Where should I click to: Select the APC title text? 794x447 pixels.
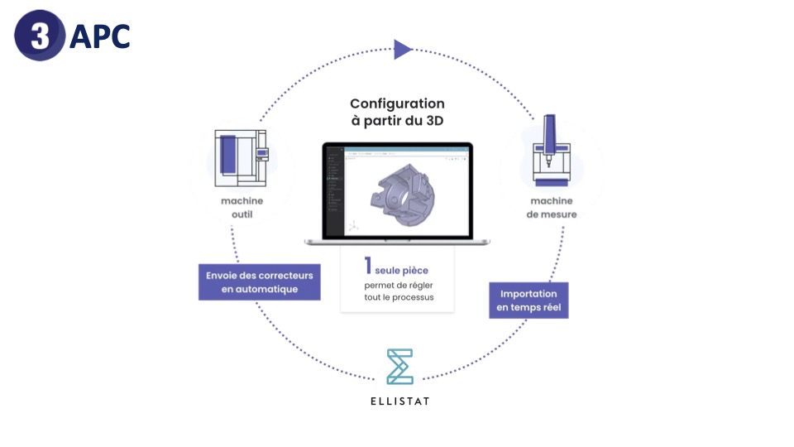click(x=100, y=36)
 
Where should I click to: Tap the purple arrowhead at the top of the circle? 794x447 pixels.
click(x=402, y=50)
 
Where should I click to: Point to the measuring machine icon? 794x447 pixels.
click(x=551, y=152)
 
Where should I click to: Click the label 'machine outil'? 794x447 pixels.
click(x=242, y=208)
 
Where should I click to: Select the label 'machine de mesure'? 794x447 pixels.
click(x=553, y=208)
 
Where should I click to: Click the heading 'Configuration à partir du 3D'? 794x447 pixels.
click(x=397, y=112)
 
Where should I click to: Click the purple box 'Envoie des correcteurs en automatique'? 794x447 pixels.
click(x=259, y=282)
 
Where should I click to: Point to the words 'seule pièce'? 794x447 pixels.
click(x=402, y=270)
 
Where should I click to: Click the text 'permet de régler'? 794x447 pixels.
click(x=398, y=285)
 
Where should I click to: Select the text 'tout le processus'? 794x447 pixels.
click(x=398, y=297)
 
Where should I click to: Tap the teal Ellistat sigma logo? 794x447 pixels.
click(x=399, y=367)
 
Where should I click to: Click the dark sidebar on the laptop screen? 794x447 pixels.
click(x=333, y=191)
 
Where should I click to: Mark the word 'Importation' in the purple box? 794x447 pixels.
click(x=528, y=294)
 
